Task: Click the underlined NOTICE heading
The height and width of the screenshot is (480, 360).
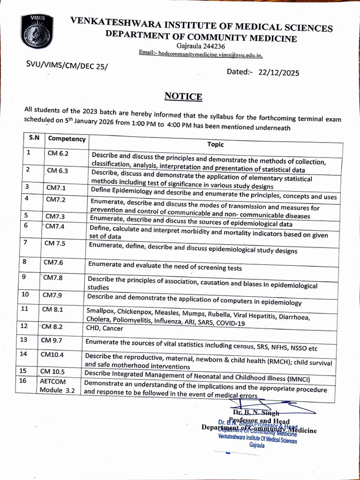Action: pyautogui.click(x=183, y=97)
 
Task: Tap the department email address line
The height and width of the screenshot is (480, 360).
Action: pyautogui.click(x=201, y=54)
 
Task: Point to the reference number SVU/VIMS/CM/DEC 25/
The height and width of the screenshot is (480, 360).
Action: pyautogui.click(x=67, y=67)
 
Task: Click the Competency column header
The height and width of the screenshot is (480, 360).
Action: pyautogui.click(x=67, y=139)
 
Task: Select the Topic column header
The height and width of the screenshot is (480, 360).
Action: pyautogui.click(x=216, y=144)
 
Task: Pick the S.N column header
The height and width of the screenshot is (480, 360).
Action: pyautogui.click(x=34, y=138)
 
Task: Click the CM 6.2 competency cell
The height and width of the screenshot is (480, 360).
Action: pyautogui.click(x=58, y=153)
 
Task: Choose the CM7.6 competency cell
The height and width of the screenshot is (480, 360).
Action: pyautogui.click(x=53, y=262)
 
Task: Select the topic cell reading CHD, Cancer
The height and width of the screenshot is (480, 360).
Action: pyautogui.click(x=104, y=328)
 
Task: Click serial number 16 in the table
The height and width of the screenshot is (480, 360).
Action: pyautogui.click(x=22, y=381)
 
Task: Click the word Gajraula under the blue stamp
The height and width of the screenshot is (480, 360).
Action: pyautogui.click(x=257, y=446)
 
